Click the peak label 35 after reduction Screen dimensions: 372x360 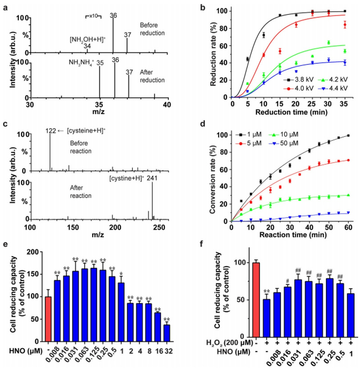click(x=100, y=63)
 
